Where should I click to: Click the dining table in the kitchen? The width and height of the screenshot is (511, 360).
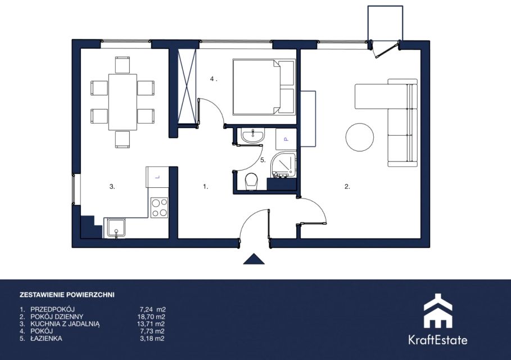pyautogui.click(x=123, y=102)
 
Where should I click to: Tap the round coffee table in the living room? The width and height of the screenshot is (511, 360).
pyautogui.click(x=360, y=137)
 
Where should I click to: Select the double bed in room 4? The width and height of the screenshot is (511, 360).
pyautogui.click(x=264, y=87)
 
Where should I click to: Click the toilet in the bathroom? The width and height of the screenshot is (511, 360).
pyautogui.click(x=251, y=181)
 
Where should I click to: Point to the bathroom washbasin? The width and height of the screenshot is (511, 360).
pyautogui.click(x=252, y=136)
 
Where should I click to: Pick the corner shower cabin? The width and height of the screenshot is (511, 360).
pyautogui.click(x=283, y=165)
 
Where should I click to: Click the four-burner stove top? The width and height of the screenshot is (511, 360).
pyautogui.click(x=159, y=208)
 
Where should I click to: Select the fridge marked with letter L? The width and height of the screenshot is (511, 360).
pyautogui.click(x=157, y=177)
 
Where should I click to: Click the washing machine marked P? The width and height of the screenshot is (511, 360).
pyautogui.click(x=286, y=139)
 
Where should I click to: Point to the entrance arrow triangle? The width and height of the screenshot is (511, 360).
pyautogui.click(x=254, y=259)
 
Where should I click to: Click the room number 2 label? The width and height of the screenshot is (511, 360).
pyautogui.click(x=347, y=187)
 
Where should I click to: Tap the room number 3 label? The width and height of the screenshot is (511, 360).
pyautogui.click(x=112, y=187)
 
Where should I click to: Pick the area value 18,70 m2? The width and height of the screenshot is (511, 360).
pyautogui.click(x=151, y=317)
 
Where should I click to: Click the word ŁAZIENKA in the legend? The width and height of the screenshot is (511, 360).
pyautogui.click(x=46, y=338)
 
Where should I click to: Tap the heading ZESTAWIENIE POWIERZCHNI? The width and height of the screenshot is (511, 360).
pyautogui.click(x=67, y=295)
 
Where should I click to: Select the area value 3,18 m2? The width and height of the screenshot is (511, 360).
pyautogui.click(x=152, y=338)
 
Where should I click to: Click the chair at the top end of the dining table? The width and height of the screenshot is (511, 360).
pyautogui.click(x=123, y=65)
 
